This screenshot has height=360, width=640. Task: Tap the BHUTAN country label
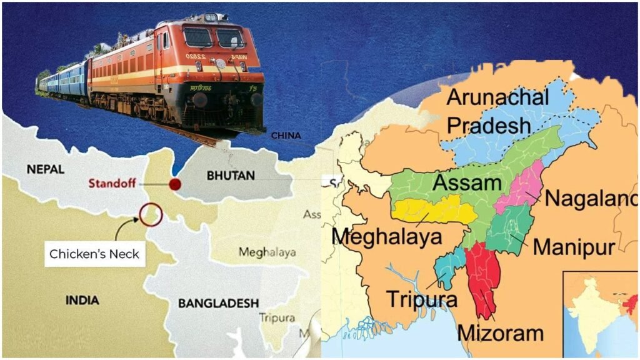[x=230, y=176]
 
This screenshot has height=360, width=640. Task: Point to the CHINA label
[x=286, y=136]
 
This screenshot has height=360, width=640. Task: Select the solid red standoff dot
[x=175, y=184]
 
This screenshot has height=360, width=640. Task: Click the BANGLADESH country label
[x=218, y=303]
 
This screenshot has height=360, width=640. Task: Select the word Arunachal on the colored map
[x=498, y=97]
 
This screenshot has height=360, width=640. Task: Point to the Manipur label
[x=574, y=246]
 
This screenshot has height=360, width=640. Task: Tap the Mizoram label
[x=501, y=332]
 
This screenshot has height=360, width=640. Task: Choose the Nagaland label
[x=591, y=199]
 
